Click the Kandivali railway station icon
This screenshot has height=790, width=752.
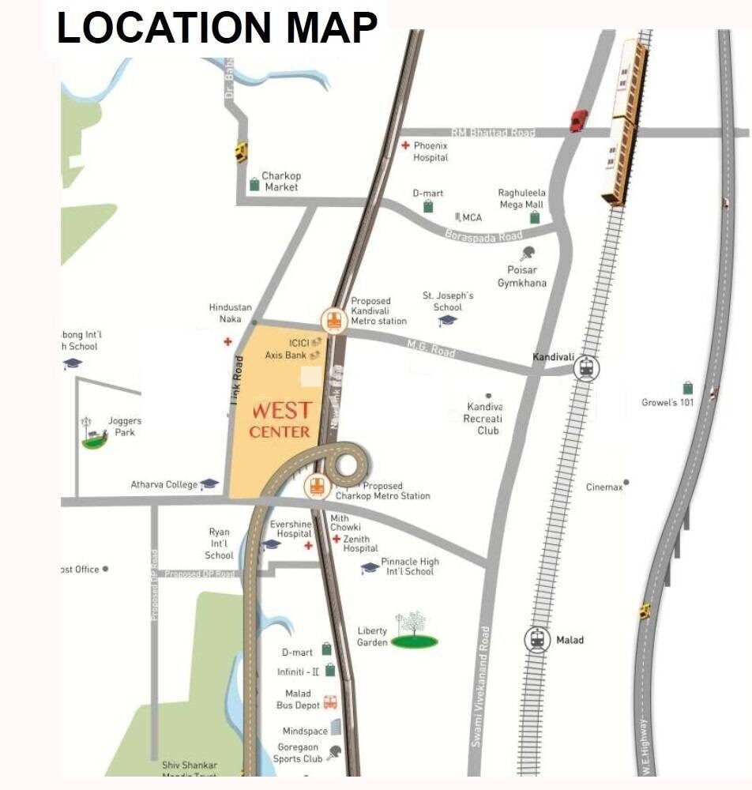tap(586, 368)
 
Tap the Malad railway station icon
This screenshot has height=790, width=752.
tap(538, 639)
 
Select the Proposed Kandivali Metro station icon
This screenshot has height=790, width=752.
tap(333, 321)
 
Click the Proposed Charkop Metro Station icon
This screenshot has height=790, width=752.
tap(317, 487)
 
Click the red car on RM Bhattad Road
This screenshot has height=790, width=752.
tap(579, 120)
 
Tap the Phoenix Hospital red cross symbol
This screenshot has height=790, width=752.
tap(405, 146)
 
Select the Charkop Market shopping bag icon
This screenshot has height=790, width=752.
tap(254, 184)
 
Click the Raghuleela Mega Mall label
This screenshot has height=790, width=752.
tap(521, 198)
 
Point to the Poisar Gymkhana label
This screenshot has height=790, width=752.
tap(521, 277)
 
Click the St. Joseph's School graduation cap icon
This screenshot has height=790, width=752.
tap(447, 321)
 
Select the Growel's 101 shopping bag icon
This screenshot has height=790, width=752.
tap(688, 388)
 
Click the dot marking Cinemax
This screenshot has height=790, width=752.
tap(626, 481)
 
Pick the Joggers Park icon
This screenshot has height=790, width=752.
tap(94, 434)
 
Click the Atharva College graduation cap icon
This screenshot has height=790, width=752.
tap(209, 484)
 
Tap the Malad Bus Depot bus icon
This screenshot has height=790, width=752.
tap(330, 702)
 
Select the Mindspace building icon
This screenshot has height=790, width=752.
tap(336, 727)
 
